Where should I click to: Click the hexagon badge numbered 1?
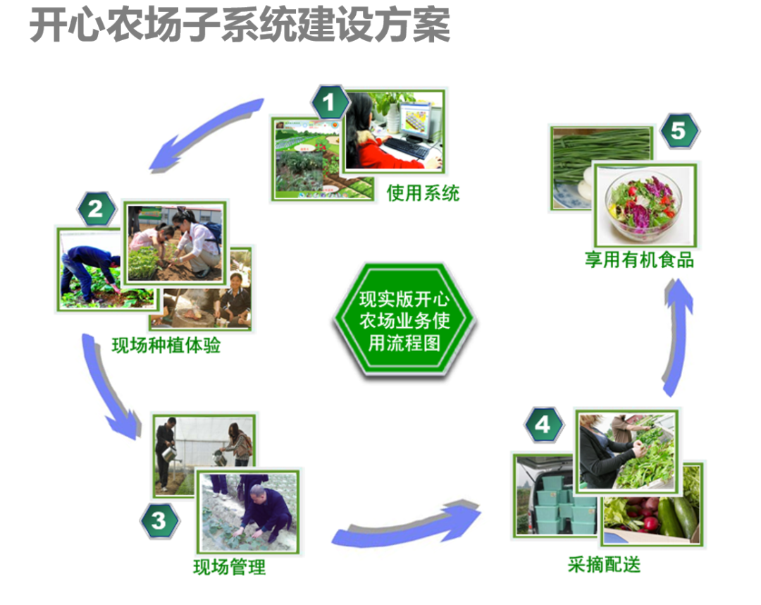click(x=329, y=103)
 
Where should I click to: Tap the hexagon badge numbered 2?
click(x=96, y=208)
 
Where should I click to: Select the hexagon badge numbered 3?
click(x=159, y=521)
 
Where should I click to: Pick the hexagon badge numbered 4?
click(x=543, y=425)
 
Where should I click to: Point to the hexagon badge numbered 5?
click(x=679, y=130)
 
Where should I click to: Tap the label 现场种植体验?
click(x=166, y=346)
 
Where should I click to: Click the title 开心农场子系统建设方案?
click(x=240, y=27)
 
